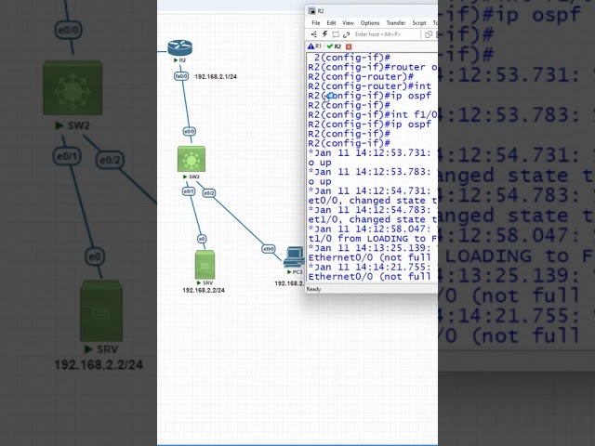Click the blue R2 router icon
(179, 48)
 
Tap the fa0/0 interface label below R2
(181, 76)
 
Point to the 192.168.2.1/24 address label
(216, 77)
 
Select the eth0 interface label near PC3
(269, 249)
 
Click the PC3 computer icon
(295, 256)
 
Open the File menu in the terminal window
(316, 23)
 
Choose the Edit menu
(331, 23)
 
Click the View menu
(348, 23)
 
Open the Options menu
(370, 23)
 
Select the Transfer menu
(395, 23)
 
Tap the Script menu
(419, 23)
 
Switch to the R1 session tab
(315, 46)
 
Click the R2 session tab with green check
(334, 46)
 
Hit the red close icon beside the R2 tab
(349, 46)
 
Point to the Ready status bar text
(313, 289)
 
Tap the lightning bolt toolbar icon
(324, 34)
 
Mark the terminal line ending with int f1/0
(372, 114)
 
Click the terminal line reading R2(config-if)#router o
(372, 67)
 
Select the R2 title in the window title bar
(321, 11)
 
